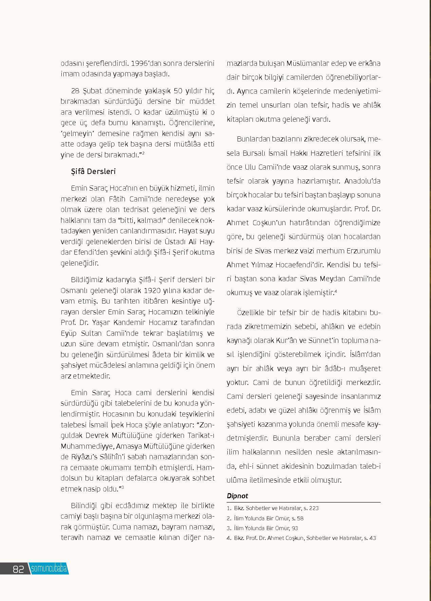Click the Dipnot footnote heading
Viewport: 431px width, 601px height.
click(237, 496)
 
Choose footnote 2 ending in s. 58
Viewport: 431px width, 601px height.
click(265, 518)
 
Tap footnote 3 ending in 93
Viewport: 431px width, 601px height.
click(262, 528)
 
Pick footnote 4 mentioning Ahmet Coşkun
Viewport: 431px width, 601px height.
click(301, 538)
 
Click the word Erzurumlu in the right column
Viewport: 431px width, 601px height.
click(364, 251)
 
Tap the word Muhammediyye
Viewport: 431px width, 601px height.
click(87, 446)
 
